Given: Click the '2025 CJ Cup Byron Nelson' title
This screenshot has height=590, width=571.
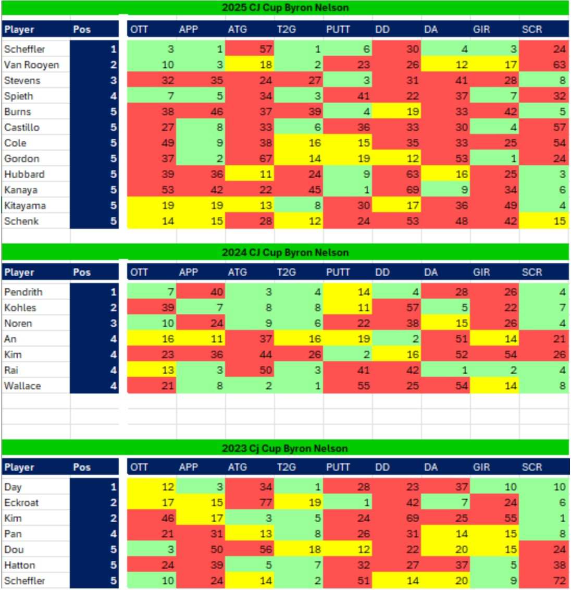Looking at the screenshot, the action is click(285, 7).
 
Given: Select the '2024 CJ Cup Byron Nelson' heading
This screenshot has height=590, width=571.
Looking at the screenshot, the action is click(285, 252).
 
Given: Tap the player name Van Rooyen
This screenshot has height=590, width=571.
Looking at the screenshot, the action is click(32, 65).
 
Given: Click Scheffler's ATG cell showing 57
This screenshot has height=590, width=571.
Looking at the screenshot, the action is click(250, 49).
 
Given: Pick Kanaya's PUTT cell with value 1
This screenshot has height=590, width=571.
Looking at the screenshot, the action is click(348, 190).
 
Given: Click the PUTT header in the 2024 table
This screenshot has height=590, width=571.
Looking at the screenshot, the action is click(338, 272).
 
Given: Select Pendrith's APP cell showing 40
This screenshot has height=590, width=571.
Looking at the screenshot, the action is click(201, 292).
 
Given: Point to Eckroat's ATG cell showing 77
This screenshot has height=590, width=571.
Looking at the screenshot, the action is click(250, 502).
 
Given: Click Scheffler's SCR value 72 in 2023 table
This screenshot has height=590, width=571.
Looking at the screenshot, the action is click(544, 581).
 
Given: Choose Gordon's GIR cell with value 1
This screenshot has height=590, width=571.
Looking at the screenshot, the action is click(495, 158).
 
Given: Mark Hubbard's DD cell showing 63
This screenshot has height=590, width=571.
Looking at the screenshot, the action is click(397, 174).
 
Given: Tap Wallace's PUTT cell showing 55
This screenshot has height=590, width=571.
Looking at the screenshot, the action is click(348, 386).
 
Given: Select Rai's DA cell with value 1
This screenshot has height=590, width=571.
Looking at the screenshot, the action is click(446, 370).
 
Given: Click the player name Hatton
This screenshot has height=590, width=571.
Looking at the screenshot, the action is click(20, 565).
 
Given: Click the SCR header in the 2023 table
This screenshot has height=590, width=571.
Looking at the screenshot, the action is click(532, 467).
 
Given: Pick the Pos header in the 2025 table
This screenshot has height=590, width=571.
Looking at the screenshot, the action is click(82, 29).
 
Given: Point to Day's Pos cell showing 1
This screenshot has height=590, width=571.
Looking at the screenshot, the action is click(94, 487).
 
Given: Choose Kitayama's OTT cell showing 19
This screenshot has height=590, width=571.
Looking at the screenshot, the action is click(152, 205).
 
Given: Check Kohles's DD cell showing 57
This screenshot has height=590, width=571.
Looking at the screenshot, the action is click(397, 308).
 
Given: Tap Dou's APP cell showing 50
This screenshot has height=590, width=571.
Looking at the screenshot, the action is click(201, 549).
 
